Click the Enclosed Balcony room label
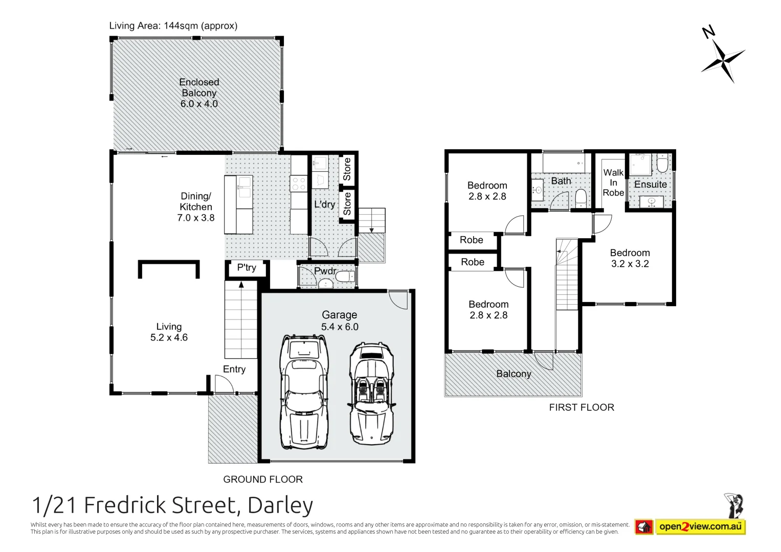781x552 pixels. click(199, 93)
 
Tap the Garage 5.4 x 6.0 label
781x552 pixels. click(340, 321)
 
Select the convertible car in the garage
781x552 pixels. click(372, 394)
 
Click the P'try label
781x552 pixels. click(247, 268)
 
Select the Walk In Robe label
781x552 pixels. click(613, 183)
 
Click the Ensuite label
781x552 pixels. click(650, 185)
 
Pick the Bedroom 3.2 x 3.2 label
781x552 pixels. click(630, 258)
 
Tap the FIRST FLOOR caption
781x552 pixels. click(582, 407)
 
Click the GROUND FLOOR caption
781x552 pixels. click(263, 479)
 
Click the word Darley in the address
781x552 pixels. click(280, 505)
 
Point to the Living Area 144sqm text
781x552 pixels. click(173, 26)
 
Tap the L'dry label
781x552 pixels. click(324, 204)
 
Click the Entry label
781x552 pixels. click(234, 370)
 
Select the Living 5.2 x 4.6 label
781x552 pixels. click(169, 332)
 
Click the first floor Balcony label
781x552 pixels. click(514, 374)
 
